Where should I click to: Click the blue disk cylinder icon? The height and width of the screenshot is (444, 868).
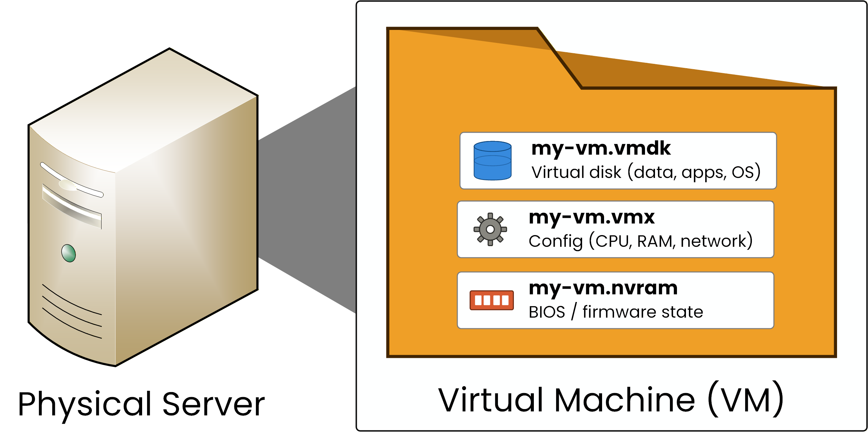coord(492,161)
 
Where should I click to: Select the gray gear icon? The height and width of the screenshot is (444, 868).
coord(490,229)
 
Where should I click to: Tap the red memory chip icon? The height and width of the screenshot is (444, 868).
coord(492,300)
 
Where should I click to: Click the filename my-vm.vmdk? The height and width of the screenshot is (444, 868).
coord(601,148)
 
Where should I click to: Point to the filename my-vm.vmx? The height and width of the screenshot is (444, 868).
coord(591,217)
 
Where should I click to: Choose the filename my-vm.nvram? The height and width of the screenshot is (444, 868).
coord(603,288)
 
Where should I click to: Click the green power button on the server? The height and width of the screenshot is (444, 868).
coord(69,253)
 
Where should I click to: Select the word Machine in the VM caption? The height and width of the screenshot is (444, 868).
coord(624,400)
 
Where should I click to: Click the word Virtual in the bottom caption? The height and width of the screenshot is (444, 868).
coord(490,400)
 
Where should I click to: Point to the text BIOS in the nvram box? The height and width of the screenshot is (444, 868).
coord(546,312)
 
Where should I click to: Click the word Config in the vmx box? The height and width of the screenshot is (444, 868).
coord(555,241)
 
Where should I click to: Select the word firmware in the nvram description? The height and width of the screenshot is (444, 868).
coord(619,312)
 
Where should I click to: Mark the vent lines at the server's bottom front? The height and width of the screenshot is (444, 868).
coord(72,311)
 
